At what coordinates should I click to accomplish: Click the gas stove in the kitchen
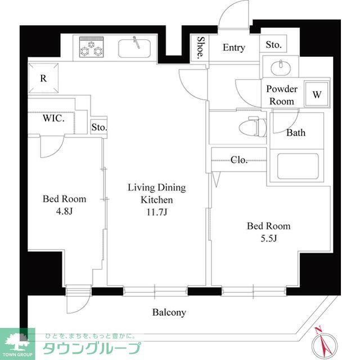click(91, 48)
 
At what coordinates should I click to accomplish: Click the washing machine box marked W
click(317, 94)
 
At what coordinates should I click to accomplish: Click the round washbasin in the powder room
click(280, 67)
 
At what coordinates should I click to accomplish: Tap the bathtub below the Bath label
click(298, 166)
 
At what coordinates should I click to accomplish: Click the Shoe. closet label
click(200, 47)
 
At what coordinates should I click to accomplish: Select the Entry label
click(233, 48)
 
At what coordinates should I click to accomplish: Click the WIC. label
click(54, 119)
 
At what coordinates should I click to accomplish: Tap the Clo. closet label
click(239, 160)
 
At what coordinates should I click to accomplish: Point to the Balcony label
click(169, 312)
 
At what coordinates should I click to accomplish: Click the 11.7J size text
click(156, 212)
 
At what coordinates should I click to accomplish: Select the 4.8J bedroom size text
click(65, 212)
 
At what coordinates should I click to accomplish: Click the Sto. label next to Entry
click(274, 44)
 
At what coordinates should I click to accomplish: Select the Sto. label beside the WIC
click(99, 127)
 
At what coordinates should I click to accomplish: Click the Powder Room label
click(282, 94)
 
